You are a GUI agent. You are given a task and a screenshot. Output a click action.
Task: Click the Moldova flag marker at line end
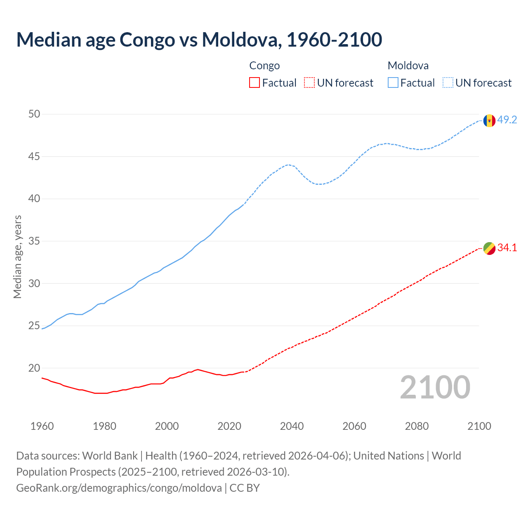(x=489, y=120)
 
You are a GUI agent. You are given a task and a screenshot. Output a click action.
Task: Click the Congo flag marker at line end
(x=489, y=248)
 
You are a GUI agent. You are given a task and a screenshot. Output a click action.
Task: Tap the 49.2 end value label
(x=507, y=120)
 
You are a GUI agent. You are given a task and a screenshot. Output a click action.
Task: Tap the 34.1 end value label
(x=507, y=248)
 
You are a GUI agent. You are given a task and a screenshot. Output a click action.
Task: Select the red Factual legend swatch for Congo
(x=255, y=83)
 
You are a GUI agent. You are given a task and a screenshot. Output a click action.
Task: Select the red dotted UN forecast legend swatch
(x=309, y=83)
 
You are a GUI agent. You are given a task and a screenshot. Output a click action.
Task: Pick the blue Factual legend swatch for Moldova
(x=393, y=83)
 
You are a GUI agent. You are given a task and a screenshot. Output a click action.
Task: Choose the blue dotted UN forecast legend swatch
(x=448, y=83)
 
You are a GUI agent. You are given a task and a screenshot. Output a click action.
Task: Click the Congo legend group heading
(x=264, y=66)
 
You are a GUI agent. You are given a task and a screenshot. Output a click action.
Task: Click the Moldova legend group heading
(x=408, y=66)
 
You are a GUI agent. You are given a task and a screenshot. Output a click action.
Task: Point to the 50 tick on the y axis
(x=34, y=114)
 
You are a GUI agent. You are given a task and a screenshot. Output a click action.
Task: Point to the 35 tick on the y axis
(x=34, y=241)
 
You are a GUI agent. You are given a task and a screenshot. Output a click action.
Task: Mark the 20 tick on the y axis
(x=34, y=368)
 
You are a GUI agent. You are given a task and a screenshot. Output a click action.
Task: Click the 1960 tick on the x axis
(x=42, y=426)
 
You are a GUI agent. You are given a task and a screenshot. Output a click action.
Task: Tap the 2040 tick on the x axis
(x=292, y=426)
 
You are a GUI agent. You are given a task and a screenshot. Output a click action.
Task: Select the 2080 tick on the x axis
(x=417, y=426)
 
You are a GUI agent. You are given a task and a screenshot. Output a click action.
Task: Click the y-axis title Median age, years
(x=17, y=257)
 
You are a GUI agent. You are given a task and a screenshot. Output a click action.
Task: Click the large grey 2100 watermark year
(x=435, y=387)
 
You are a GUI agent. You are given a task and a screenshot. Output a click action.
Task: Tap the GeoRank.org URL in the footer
(x=119, y=488)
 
